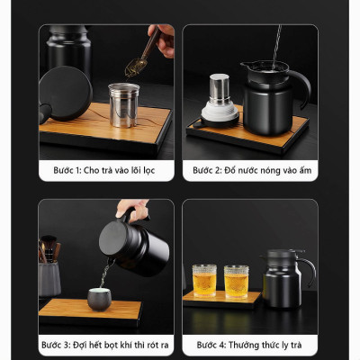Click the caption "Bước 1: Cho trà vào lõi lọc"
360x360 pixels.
click(104, 170)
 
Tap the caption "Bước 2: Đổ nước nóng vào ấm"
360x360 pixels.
click(252, 170)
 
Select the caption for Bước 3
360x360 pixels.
click(105, 345)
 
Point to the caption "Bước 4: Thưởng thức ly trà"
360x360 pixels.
click(249, 345)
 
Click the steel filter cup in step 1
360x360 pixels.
click(124, 105)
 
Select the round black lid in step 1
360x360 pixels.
click(65, 94)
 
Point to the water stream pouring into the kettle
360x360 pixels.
click(276, 45)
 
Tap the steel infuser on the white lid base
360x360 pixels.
click(220, 89)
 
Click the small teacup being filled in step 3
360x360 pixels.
click(99, 299)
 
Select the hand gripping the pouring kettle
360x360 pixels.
click(133, 210)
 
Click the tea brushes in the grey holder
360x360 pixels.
click(49, 248)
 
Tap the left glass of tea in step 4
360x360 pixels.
click(204, 281)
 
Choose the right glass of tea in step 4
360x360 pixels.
click(236, 282)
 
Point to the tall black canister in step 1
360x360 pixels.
click(69, 48)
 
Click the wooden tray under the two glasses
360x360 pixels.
click(221, 300)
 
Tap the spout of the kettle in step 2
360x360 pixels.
click(245, 65)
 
